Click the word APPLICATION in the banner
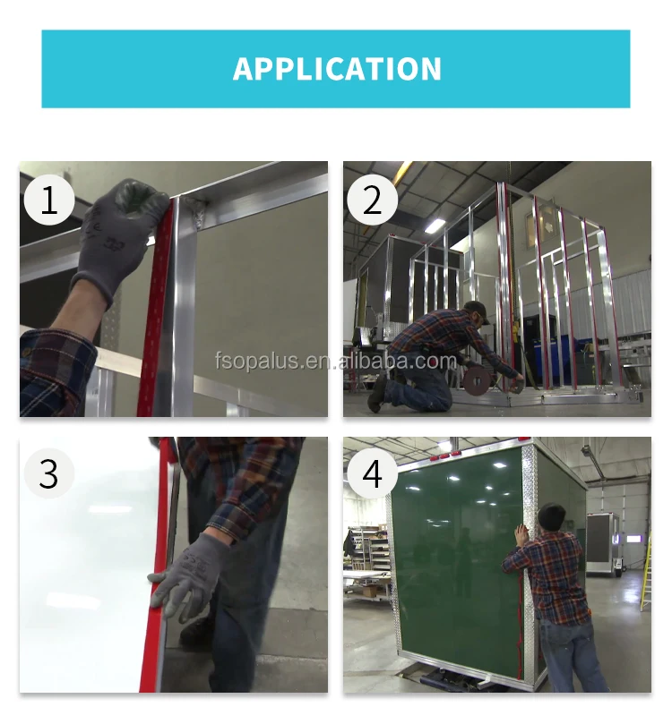coord(337,69)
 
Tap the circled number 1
coord(49,200)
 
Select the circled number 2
coord(372,200)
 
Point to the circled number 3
coord(49,473)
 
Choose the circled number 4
coord(372,473)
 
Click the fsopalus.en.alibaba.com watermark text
coord(336,361)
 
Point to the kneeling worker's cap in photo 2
coord(477,310)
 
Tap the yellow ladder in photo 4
coord(647,573)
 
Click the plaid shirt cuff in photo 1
coord(56,370)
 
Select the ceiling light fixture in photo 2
coord(435,226)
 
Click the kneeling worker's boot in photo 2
coord(377,395)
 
